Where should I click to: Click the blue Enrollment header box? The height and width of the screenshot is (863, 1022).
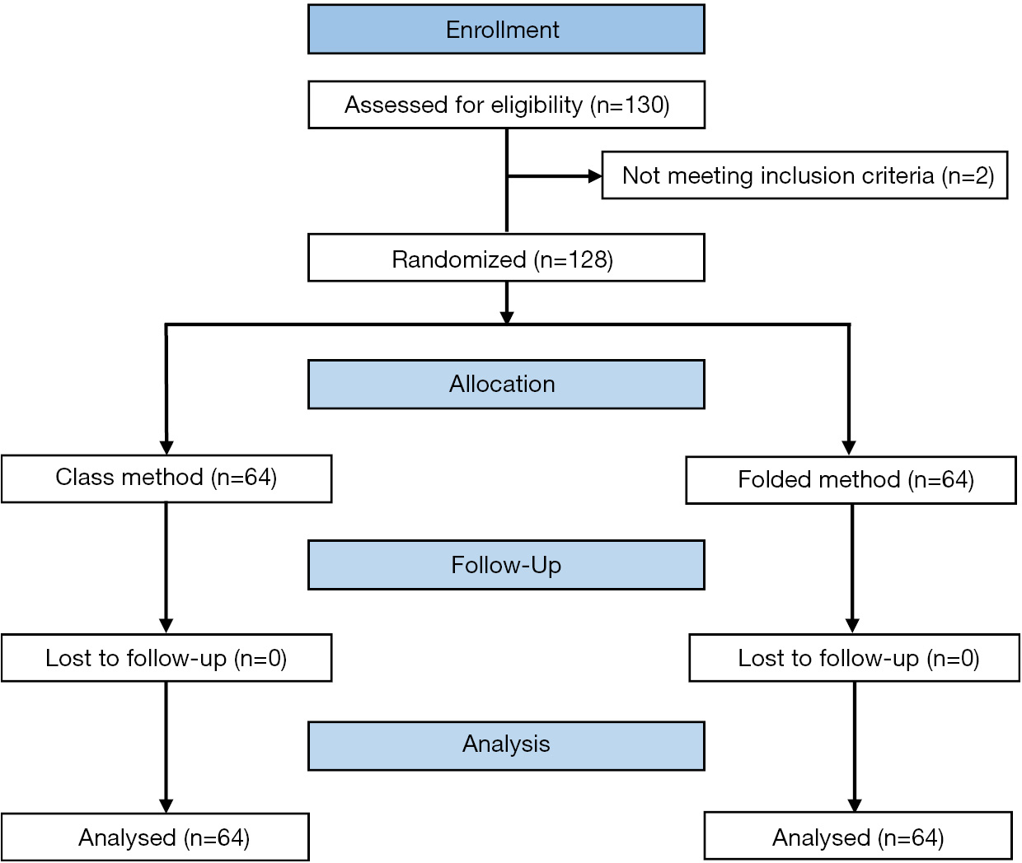click(x=506, y=30)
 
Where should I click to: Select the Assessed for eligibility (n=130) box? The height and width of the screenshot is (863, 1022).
click(x=506, y=105)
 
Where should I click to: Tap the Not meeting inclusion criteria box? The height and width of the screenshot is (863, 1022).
click(x=804, y=175)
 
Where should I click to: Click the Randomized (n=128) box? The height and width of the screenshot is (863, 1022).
click(x=506, y=259)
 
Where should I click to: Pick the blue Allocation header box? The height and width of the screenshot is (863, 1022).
click(x=506, y=385)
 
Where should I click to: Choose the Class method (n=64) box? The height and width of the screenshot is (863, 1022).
click(x=166, y=478)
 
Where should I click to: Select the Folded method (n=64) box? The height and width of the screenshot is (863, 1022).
click(x=851, y=480)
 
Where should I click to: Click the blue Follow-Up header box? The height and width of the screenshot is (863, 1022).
click(x=506, y=565)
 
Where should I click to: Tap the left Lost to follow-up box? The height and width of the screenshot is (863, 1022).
click(x=166, y=658)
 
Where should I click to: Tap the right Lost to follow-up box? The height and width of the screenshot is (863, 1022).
click(x=854, y=658)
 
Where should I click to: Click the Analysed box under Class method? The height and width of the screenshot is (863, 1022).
click(x=155, y=837)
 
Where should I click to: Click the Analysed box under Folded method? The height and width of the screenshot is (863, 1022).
click(x=858, y=836)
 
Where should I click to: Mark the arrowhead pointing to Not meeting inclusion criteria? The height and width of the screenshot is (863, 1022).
click(x=595, y=176)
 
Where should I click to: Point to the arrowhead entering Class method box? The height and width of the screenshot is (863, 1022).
click(x=166, y=448)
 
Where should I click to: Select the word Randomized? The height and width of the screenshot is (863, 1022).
click(x=458, y=259)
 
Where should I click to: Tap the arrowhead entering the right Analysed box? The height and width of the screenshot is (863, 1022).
click(x=855, y=805)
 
